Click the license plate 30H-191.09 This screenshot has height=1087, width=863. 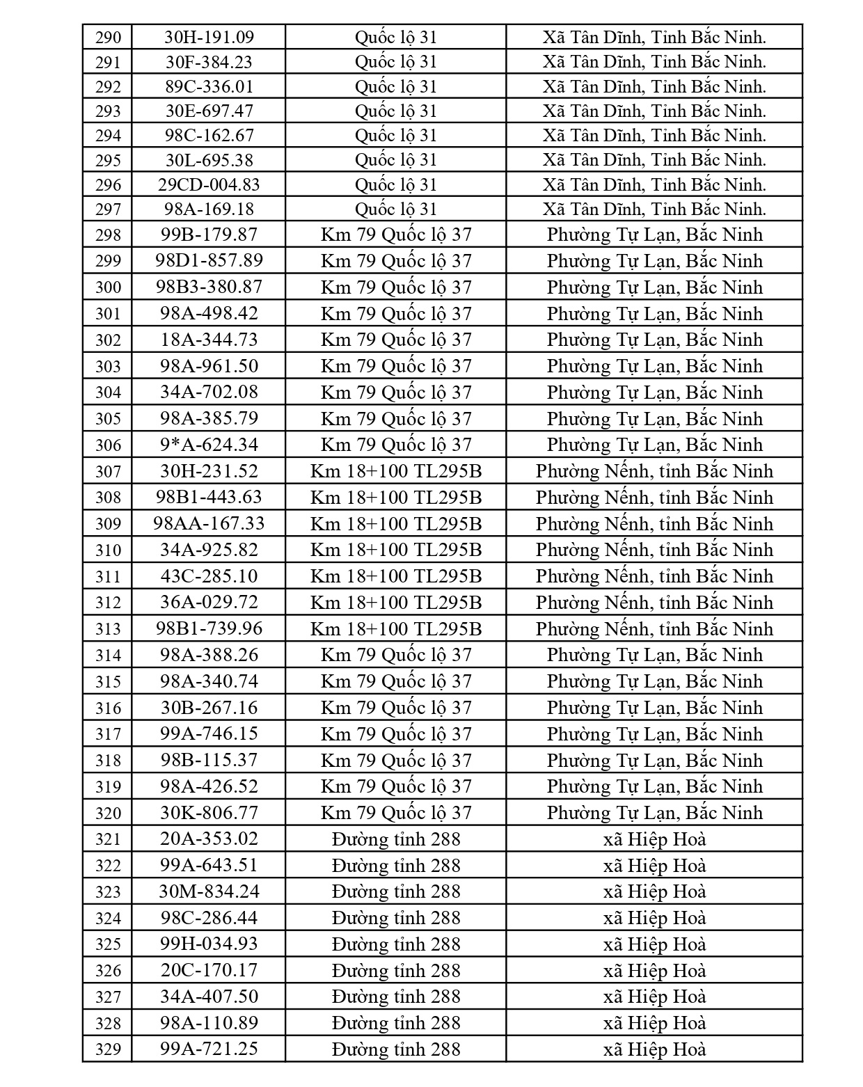tap(209, 37)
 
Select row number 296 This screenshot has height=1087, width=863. tap(108, 184)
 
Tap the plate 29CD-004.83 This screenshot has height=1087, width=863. tap(209, 184)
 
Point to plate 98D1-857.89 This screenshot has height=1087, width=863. tap(209, 260)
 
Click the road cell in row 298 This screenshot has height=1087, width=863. tap(396, 235)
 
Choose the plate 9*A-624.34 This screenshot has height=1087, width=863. tap(209, 445)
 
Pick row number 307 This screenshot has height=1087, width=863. tap(108, 471)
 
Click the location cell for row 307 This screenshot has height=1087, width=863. tap(654, 471)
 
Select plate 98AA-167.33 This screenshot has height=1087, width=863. tap(209, 523)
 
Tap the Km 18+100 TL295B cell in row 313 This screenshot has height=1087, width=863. tap(396, 629)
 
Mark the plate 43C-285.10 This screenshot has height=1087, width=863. tap(209, 576)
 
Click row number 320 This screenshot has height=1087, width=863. tap(108, 813)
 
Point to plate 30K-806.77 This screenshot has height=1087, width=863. tap(209, 813)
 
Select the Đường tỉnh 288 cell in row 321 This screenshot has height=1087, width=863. tap(396, 839)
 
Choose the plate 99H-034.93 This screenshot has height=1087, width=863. tap(209, 944)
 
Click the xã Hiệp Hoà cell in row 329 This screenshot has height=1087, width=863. tap(654, 1049)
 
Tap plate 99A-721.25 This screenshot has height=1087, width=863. tap(209, 1049)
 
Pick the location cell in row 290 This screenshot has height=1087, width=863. tap(654, 37)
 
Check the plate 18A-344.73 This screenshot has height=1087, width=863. tap(209, 340)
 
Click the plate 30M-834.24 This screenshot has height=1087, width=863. tap(209, 891)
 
